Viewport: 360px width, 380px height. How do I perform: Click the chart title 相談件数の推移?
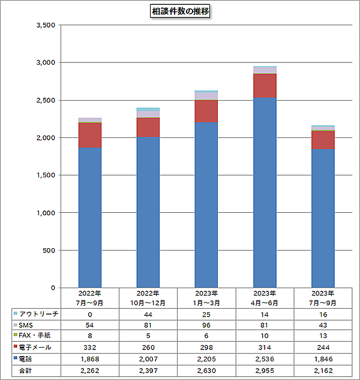(x=180, y=11)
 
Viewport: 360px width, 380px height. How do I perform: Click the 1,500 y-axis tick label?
(x=45, y=175)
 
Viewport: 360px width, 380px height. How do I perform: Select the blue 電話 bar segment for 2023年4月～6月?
(x=265, y=192)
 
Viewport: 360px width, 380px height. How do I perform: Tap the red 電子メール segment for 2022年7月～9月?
(x=90, y=134)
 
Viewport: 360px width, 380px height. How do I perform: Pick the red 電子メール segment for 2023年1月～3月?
(x=206, y=111)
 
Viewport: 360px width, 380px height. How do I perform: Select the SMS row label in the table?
(x=28, y=324)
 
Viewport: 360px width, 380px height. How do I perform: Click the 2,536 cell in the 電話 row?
(x=265, y=358)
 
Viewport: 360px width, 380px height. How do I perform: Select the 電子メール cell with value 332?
(x=90, y=347)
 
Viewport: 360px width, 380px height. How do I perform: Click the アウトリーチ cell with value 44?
(x=148, y=313)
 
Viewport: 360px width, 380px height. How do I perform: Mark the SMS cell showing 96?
(x=206, y=325)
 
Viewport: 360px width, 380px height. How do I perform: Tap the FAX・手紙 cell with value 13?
(x=323, y=336)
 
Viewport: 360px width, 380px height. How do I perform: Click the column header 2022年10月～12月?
(x=148, y=298)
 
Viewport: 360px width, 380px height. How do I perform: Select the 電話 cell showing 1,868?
(x=90, y=358)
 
